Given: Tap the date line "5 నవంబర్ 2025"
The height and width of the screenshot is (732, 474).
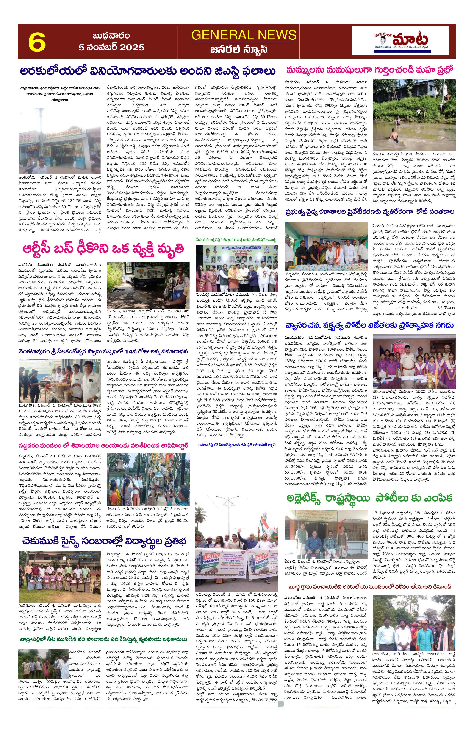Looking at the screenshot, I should point(111,47).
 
